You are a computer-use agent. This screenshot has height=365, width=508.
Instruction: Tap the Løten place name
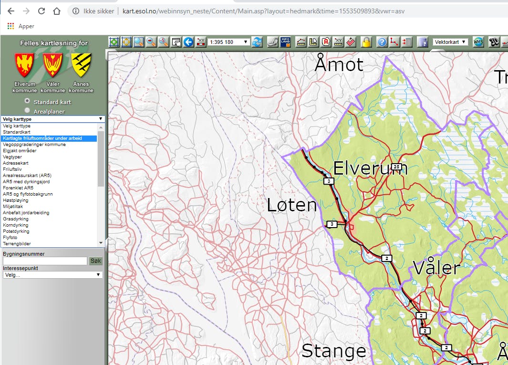point(291,205)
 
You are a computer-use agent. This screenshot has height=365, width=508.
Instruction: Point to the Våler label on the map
point(436,268)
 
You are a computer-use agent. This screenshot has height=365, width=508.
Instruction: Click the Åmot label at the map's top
point(339,64)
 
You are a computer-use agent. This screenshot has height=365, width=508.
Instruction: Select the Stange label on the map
point(333,351)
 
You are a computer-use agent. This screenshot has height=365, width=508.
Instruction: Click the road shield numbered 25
point(397,167)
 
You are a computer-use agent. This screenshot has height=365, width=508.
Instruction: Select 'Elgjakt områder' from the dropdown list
point(20,151)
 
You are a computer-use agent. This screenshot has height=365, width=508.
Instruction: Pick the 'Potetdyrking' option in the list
point(16,231)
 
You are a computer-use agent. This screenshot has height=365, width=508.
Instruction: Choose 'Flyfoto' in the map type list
point(10,238)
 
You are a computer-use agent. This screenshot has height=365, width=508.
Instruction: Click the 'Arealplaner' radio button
point(27,111)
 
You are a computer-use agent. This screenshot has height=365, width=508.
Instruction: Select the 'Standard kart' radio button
point(27,101)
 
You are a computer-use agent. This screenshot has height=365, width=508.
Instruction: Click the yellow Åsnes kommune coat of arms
point(81,65)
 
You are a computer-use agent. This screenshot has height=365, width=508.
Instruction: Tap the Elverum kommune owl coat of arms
point(24,65)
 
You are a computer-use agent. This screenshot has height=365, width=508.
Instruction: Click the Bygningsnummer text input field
point(45,261)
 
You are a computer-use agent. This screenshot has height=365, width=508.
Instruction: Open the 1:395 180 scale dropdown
point(229,42)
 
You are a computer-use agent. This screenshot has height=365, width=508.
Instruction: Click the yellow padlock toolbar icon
point(366,42)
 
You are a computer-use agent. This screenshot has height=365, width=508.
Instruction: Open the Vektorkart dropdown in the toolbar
point(450,42)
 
